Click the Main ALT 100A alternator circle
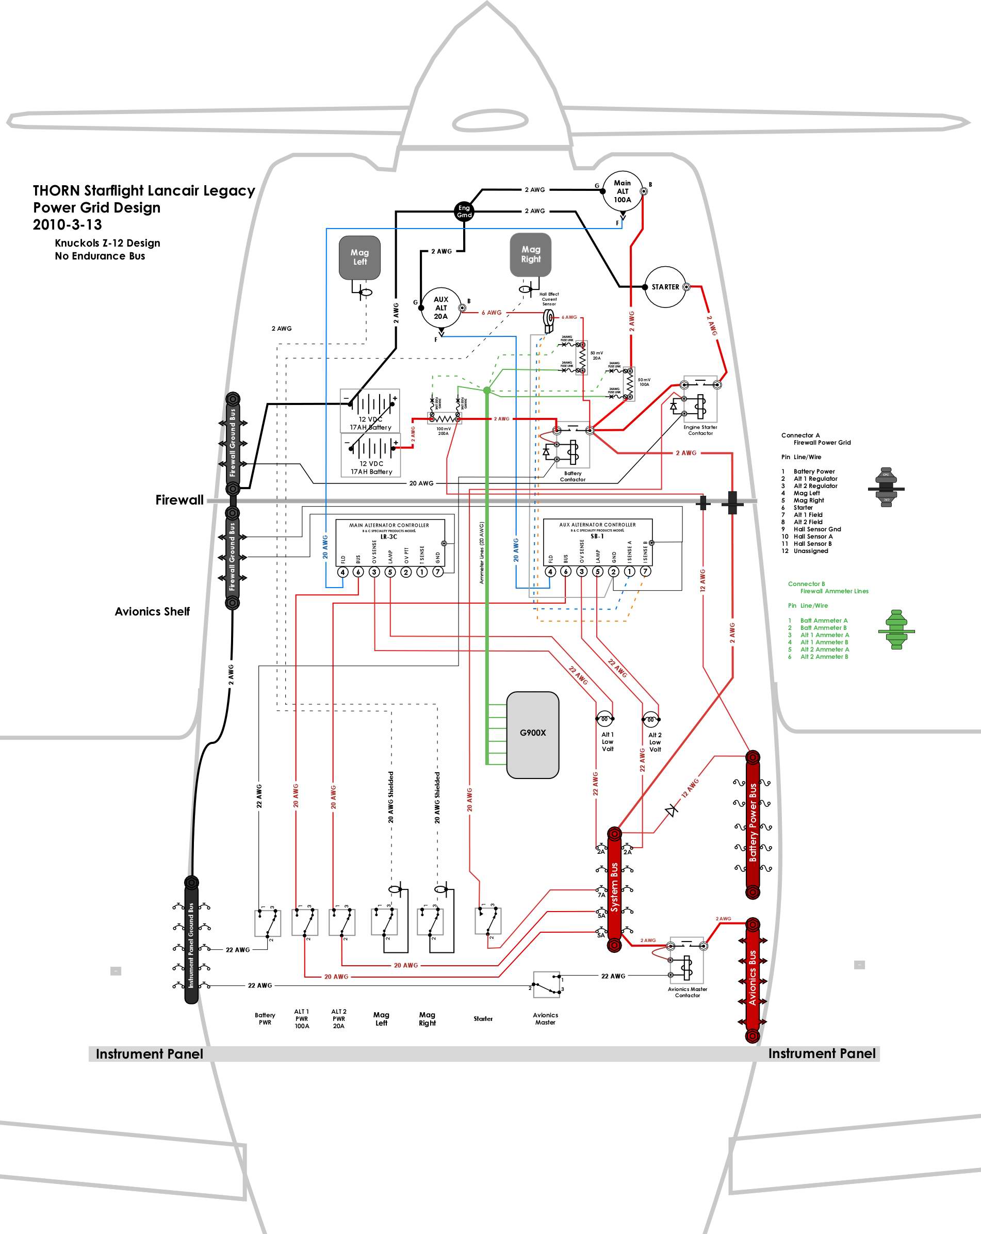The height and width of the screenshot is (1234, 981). (x=622, y=191)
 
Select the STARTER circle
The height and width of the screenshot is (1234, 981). (x=665, y=287)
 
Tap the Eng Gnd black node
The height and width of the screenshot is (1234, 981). (x=464, y=211)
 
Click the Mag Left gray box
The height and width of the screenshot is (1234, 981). (x=359, y=257)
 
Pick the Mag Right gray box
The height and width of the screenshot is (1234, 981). (x=531, y=254)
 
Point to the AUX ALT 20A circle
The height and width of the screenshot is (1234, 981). (x=440, y=308)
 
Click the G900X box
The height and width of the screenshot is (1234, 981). (x=533, y=735)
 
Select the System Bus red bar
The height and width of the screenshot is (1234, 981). (x=614, y=890)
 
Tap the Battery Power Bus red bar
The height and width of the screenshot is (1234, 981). (x=753, y=825)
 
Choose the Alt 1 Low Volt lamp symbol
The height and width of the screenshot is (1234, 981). (x=604, y=719)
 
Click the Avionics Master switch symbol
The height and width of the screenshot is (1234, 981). (x=547, y=984)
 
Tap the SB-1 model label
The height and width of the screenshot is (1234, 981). (x=597, y=537)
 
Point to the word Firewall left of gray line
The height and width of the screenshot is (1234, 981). (x=179, y=500)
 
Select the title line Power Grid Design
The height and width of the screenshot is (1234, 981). (x=97, y=207)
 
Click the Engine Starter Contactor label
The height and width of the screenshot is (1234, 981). (x=700, y=430)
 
